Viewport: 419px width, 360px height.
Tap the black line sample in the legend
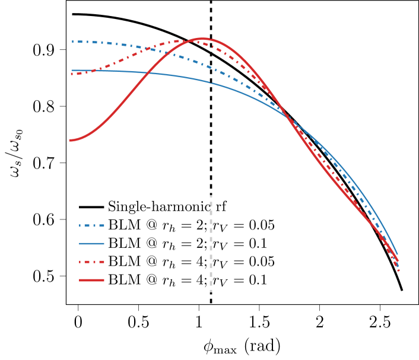pos(91,207)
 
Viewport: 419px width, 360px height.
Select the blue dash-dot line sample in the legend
pos(91,225)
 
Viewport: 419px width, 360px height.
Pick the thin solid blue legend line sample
pos(91,244)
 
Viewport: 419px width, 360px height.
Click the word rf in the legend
pos(220,207)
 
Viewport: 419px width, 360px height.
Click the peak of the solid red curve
pos(202,39)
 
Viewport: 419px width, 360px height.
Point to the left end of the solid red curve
pos(70,140)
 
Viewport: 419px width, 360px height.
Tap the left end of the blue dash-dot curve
pos(72,42)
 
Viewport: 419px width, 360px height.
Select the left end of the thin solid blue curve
pos(72,71)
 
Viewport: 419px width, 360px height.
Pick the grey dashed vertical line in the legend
pos(211,243)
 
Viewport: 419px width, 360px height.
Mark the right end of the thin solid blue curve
pos(397,254)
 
